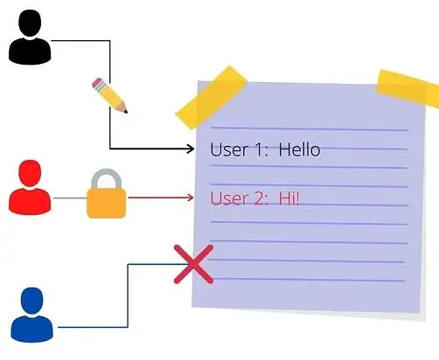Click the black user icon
pos(30,37)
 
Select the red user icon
pos(30,187)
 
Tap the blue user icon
pos(31,315)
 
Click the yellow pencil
pos(109,95)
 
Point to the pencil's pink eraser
pos(97,83)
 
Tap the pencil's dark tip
pos(125,111)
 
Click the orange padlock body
pos(107,204)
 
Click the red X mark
pos(193,264)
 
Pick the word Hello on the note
pos(299,149)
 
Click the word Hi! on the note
pos(289,198)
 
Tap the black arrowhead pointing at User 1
pos(191,149)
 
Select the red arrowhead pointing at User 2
pos(191,197)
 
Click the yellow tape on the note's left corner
pos(212,97)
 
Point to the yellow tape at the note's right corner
pos(408,87)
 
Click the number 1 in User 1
pos(258,149)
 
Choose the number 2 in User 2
pos(259,198)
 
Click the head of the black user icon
pos(30,23)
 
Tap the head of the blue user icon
pos(32,301)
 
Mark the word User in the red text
pos(229,198)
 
